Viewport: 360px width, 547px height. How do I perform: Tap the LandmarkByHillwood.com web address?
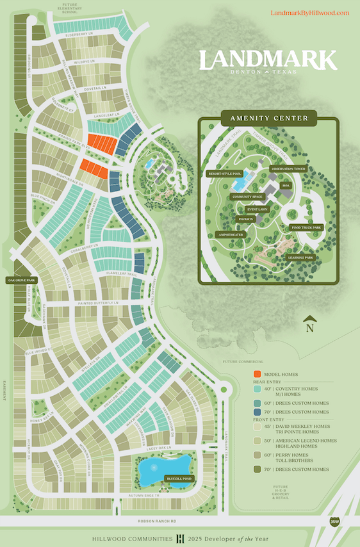tap(310, 13)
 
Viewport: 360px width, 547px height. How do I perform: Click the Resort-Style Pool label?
tap(223, 174)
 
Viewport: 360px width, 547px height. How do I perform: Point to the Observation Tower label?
tap(288, 169)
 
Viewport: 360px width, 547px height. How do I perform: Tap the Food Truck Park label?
tap(306, 227)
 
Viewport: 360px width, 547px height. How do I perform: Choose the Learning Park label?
tap(300, 257)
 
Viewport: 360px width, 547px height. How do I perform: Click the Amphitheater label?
tap(230, 234)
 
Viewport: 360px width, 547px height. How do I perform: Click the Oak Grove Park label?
tap(21, 280)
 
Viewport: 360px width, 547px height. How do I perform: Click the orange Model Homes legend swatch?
tap(257, 374)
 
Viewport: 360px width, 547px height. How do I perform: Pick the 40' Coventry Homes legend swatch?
tap(257, 389)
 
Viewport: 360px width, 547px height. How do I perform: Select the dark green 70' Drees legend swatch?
tap(257, 469)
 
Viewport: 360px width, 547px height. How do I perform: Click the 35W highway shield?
tap(334, 521)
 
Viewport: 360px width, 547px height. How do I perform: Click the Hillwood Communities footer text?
tap(133, 537)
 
